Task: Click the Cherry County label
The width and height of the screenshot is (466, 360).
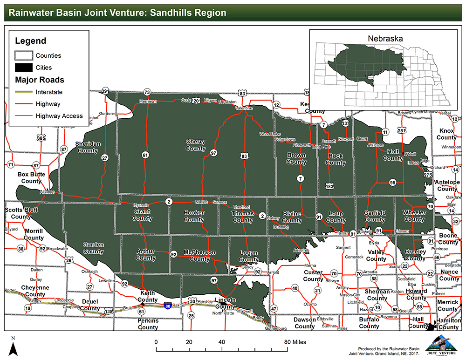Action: [196, 145]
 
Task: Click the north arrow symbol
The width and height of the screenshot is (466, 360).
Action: [14, 346]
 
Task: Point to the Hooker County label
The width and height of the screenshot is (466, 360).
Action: [194, 216]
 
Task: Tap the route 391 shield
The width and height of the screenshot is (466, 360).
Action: [105, 91]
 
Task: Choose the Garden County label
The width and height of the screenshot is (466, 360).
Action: [93, 248]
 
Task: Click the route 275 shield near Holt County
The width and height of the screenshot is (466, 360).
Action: [428, 175]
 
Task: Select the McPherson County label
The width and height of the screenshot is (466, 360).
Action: [199, 256]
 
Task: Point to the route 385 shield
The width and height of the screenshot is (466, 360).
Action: [41, 138]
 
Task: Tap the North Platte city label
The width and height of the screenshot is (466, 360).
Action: [223, 313]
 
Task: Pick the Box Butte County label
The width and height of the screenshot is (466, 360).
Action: [31, 177]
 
